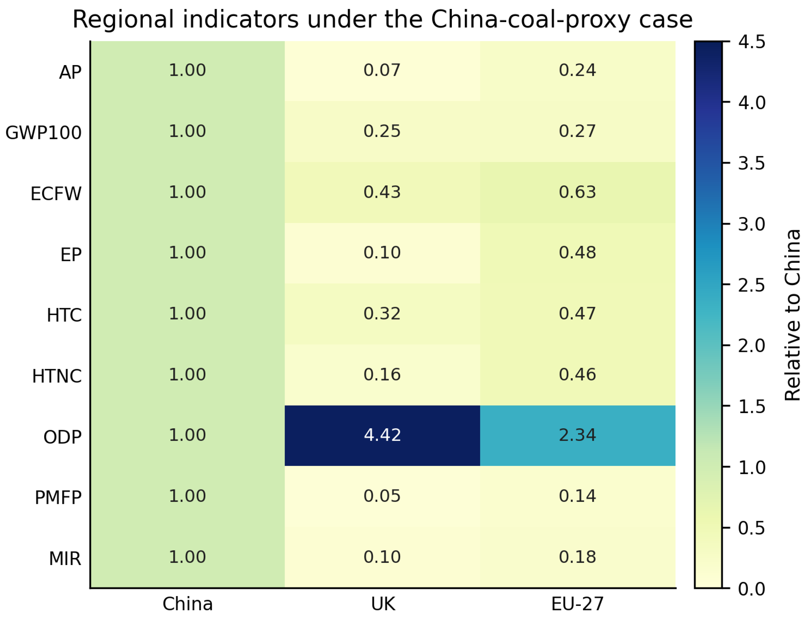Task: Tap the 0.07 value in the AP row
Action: click(382, 70)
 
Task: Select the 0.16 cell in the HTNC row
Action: click(382, 375)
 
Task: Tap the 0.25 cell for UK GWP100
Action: click(382, 131)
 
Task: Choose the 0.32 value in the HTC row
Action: click(382, 314)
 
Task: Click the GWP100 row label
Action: click(43, 133)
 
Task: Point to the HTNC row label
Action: click(57, 377)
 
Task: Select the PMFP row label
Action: click(58, 498)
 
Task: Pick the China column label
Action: click(188, 604)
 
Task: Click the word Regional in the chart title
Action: click(123, 19)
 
